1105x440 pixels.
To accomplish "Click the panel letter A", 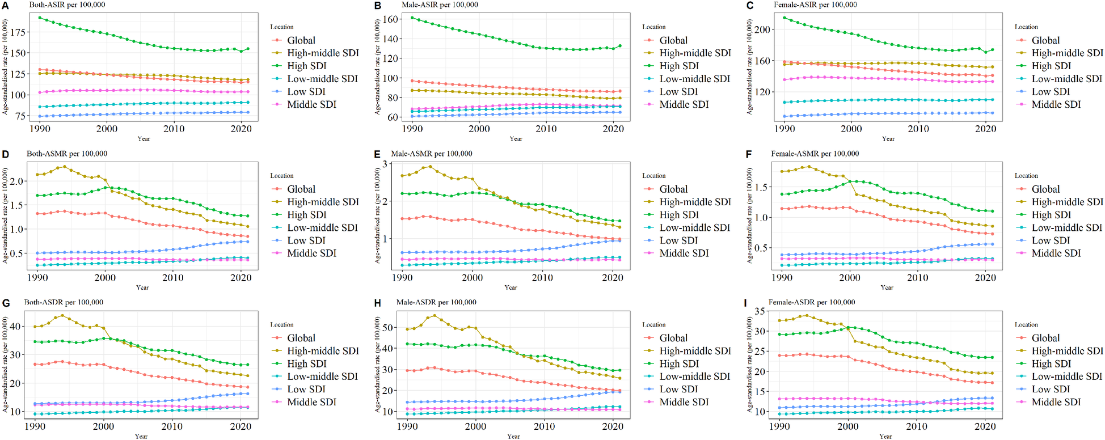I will tap(5, 6).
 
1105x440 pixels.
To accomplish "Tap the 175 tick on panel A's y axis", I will tap(19, 32).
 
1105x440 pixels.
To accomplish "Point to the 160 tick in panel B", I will tap(390, 19).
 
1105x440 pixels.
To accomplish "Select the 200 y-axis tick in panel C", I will tap(763, 29).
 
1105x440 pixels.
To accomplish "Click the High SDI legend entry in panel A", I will tap(306, 66).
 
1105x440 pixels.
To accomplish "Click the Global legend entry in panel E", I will tap(673, 189).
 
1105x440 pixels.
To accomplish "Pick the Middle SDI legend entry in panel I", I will tap(1056, 402).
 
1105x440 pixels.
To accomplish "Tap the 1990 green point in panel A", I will tap(40, 18).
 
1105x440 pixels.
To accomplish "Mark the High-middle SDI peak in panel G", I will tap(62, 316).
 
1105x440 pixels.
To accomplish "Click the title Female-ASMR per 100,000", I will tap(815, 154).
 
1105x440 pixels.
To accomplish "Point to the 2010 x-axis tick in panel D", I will tap(173, 278).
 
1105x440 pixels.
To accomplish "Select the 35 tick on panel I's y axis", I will tap(760, 311).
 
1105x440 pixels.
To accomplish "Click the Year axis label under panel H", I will tap(513, 436).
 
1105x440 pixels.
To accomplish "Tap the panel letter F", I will tap(749, 154).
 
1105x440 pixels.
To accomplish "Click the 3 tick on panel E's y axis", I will tap(385, 164).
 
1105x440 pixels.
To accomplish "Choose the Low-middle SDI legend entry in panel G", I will tap(322, 376).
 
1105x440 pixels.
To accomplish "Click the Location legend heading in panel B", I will tap(653, 27).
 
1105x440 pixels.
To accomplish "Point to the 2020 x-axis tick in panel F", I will tap(985, 278).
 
